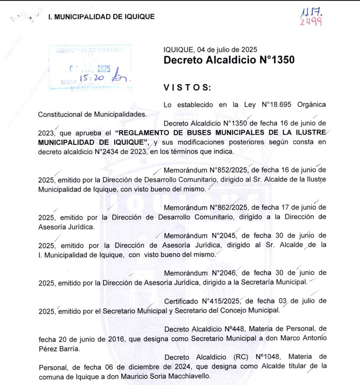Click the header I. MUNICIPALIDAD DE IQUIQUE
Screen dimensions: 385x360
tap(101, 17)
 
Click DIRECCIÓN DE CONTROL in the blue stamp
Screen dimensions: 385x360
tap(90, 50)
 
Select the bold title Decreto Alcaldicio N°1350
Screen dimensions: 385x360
tap(229, 60)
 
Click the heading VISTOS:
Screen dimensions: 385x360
tap(187, 88)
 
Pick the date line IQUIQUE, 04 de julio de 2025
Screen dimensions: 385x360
tap(210, 50)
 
